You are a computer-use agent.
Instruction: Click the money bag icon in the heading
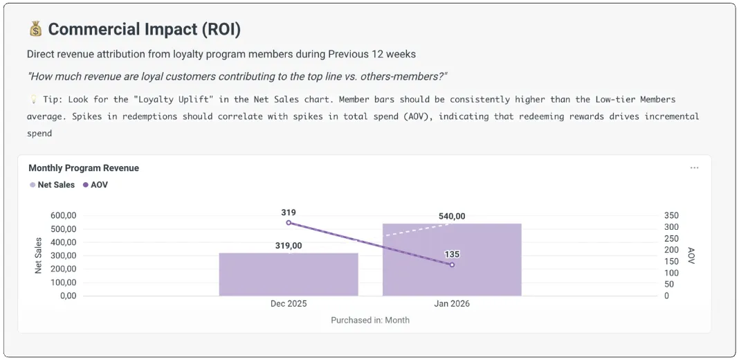click(x=35, y=29)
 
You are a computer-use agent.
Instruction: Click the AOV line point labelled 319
click(x=289, y=223)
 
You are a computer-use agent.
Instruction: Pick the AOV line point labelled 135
click(x=452, y=264)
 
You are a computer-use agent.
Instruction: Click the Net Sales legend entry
click(x=52, y=185)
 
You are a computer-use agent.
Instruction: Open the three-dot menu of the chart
click(x=694, y=168)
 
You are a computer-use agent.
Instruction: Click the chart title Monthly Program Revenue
click(x=84, y=168)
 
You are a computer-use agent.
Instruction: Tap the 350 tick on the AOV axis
click(x=671, y=216)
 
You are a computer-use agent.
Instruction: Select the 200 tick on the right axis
click(x=671, y=250)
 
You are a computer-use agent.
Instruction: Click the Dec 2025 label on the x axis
click(x=289, y=304)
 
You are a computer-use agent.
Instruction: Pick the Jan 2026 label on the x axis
click(x=452, y=304)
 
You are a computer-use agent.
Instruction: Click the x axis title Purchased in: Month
click(x=370, y=321)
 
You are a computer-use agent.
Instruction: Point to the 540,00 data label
click(x=452, y=217)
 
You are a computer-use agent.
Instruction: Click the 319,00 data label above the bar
click(x=289, y=246)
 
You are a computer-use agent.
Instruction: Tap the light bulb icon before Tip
click(x=33, y=100)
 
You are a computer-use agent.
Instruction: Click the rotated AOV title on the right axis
click(x=691, y=255)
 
